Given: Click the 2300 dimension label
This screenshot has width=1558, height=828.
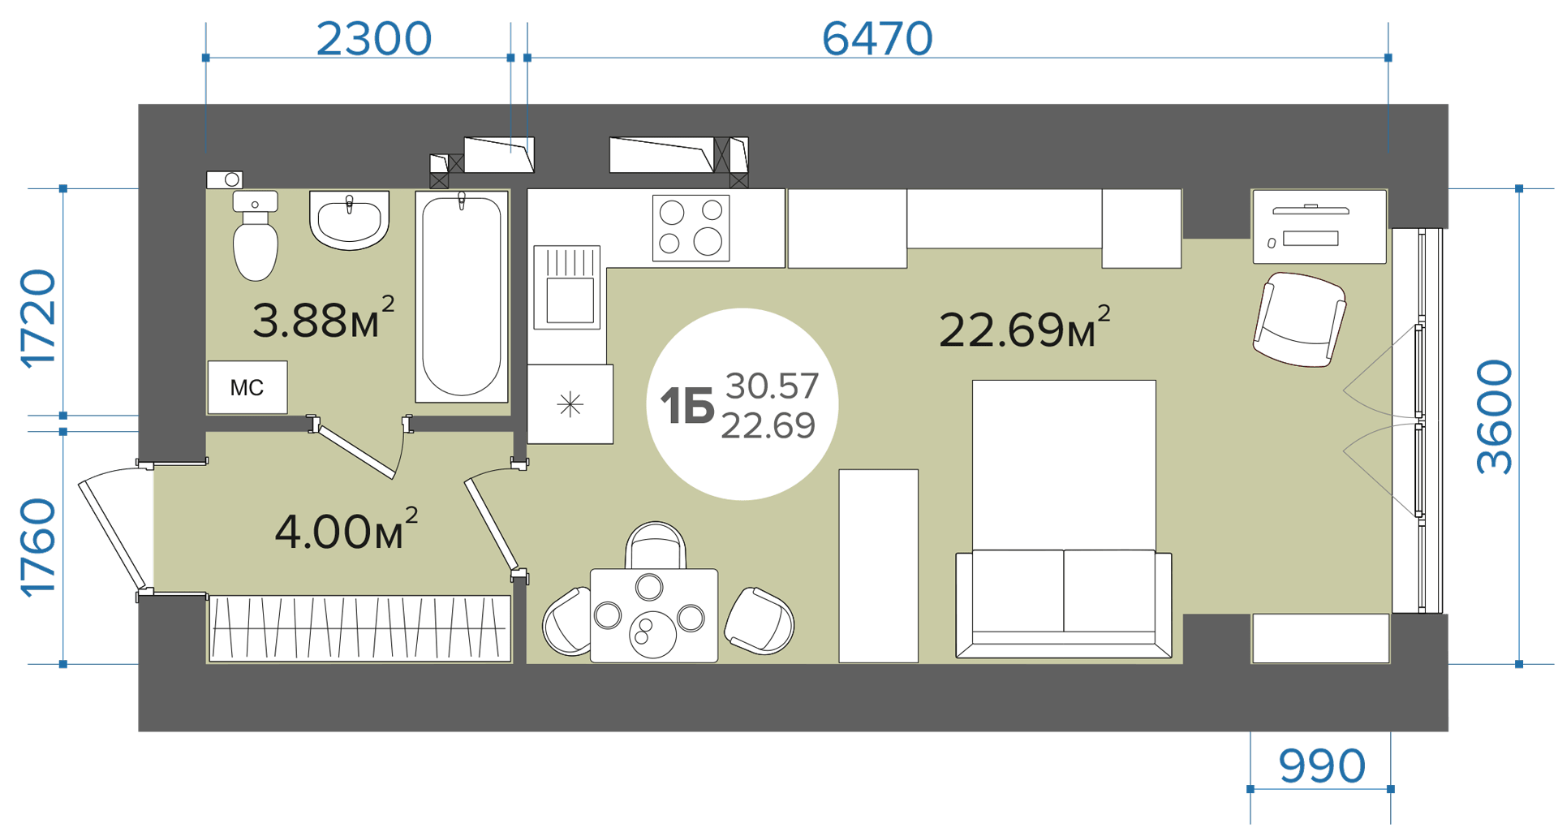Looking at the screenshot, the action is [373, 39].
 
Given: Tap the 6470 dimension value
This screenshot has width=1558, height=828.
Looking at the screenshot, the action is [877, 39].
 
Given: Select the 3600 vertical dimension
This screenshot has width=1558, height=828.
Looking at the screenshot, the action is [1495, 416].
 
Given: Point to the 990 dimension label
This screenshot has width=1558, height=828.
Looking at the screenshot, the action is [1322, 765].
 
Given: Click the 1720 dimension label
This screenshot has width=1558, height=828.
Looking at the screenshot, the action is [39, 319].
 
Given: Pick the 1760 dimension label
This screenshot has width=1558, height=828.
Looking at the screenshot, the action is [39, 548].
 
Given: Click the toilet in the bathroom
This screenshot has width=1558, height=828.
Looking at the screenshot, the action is [256, 235].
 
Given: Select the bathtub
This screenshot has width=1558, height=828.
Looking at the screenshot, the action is [462, 296].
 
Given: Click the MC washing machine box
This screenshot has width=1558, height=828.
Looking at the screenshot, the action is [247, 387].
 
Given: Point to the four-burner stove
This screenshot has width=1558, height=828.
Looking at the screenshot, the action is [691, 228].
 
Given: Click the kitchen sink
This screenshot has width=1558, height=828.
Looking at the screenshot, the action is [567, 287].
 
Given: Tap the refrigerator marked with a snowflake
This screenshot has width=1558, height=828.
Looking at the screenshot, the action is [570, 404].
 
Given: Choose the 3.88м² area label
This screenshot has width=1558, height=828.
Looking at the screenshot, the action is [323, 317].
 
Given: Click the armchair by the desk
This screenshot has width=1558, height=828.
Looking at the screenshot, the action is [1299, 319].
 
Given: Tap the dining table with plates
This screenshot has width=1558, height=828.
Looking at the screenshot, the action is [654, 615].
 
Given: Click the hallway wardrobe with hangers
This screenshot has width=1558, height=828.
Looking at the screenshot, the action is [360, 629].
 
